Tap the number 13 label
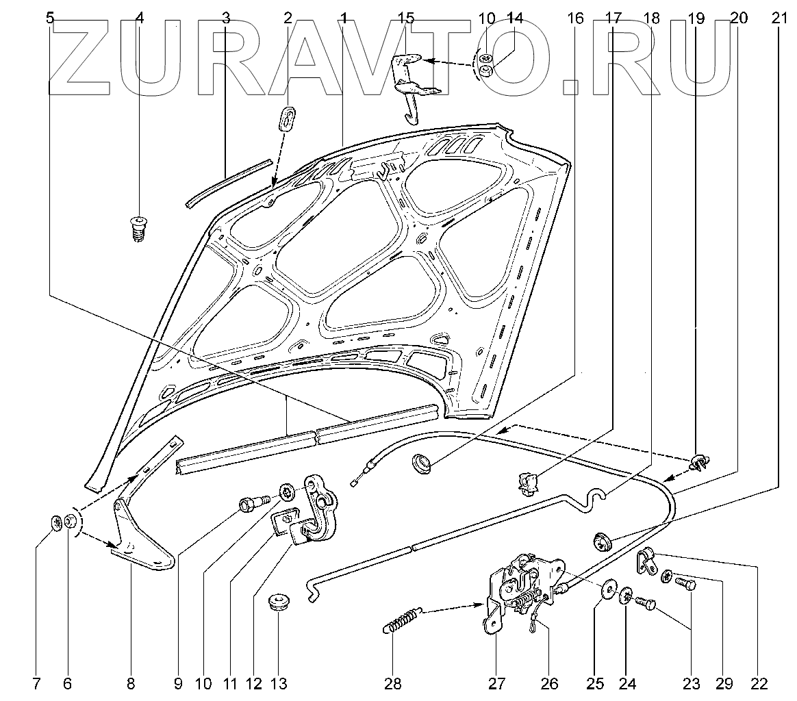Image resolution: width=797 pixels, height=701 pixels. (x=278, y=683)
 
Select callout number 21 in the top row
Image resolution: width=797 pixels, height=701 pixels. (x=780, y=18)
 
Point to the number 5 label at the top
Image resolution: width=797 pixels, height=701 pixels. (x=49, y=18)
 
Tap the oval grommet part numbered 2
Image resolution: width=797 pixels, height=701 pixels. (x=288, y=117)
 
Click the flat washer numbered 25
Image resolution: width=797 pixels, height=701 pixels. (x=607, y=591)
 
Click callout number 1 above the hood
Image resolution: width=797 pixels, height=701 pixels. (x=343, y=18)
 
